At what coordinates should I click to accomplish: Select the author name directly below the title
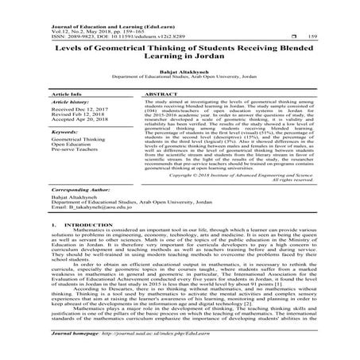(180, 71)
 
